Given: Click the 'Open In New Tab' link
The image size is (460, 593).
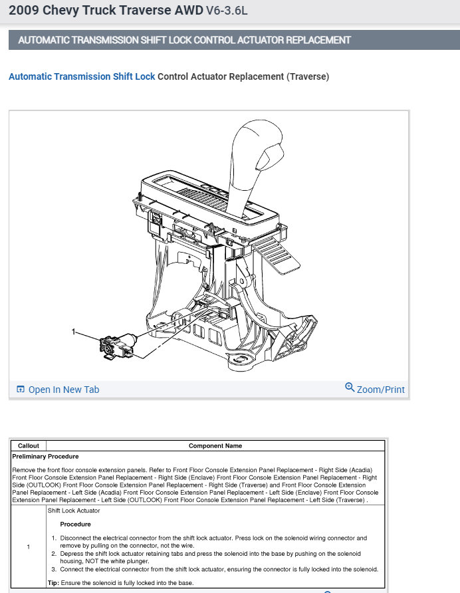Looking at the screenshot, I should click(x=63, y=390).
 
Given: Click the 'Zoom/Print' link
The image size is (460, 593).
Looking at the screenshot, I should click(x=380, y=390).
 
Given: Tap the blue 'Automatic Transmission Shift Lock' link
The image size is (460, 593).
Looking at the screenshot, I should click(x=82, y=76).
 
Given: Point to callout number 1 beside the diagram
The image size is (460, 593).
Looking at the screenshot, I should click(x=74, y=330).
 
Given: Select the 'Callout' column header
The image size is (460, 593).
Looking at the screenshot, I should click(x=29, y=445).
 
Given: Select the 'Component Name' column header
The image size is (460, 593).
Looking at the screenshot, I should click(x=215, y=445).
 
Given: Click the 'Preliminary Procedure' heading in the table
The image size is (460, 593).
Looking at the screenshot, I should click(x=45, y=457).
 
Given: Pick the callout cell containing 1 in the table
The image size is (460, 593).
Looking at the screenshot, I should click(x=29, y=546).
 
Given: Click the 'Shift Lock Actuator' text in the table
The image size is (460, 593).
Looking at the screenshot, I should click(x=74, y=511).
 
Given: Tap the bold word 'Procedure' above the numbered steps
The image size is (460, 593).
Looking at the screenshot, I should click(x=75, y=524).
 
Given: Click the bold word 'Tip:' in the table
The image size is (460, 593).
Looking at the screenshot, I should click(x=54, y=582).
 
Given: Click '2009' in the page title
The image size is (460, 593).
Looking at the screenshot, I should click(x=24, y=11).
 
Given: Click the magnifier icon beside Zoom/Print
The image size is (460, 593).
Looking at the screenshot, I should click(x=350, y=388).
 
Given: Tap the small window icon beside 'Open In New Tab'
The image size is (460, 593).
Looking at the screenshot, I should click(x=21, y=390).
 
